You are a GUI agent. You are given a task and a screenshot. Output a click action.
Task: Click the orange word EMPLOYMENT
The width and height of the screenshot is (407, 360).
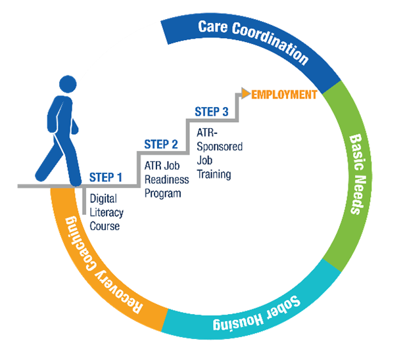point(284,95)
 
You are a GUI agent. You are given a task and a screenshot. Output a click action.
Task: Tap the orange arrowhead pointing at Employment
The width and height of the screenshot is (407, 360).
point(245,93)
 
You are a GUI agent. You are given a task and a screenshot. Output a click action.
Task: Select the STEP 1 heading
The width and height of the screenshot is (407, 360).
point(106,177)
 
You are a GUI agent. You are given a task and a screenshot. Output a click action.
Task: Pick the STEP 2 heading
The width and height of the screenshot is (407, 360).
point(161,145)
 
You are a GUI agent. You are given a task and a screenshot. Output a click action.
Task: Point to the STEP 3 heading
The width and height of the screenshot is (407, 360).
point(212,112)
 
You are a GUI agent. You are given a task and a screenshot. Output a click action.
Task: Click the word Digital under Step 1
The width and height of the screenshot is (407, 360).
point(103,199)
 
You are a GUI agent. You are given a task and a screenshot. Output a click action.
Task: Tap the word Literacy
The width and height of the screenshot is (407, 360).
point(107,213)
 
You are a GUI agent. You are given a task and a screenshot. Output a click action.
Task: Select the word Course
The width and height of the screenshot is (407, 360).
point(105,226)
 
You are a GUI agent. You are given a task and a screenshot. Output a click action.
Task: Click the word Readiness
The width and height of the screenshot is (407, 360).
point(166,179)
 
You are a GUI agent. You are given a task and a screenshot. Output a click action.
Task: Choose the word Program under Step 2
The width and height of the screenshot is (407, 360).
point(163,194)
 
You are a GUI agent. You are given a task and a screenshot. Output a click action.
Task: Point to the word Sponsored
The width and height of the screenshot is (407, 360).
point(220,147)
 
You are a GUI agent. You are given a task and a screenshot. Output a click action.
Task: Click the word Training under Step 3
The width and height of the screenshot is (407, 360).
point(214,174)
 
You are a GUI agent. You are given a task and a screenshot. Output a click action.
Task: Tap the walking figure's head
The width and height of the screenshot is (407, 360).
point(68,84)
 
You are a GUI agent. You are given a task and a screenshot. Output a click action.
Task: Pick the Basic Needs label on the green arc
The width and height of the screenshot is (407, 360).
point(358,174)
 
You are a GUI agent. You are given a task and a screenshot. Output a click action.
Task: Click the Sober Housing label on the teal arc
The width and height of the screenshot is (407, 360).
point(256,314)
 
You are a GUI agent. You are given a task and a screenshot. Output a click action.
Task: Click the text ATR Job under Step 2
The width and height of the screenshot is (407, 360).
point(162,166)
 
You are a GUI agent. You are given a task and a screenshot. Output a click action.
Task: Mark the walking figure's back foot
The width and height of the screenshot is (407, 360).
point(41,175)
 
